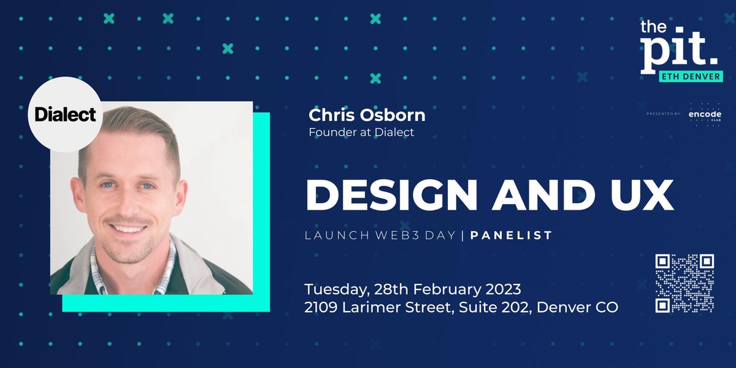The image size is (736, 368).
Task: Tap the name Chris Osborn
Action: [x=367, y=115]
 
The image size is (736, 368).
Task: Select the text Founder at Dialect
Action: [x=361, y=132]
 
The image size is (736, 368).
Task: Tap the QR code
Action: [x=684, y=283]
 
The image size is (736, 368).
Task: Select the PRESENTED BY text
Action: [x=664, y=115]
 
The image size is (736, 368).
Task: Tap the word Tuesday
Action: [x=333, y=288]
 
